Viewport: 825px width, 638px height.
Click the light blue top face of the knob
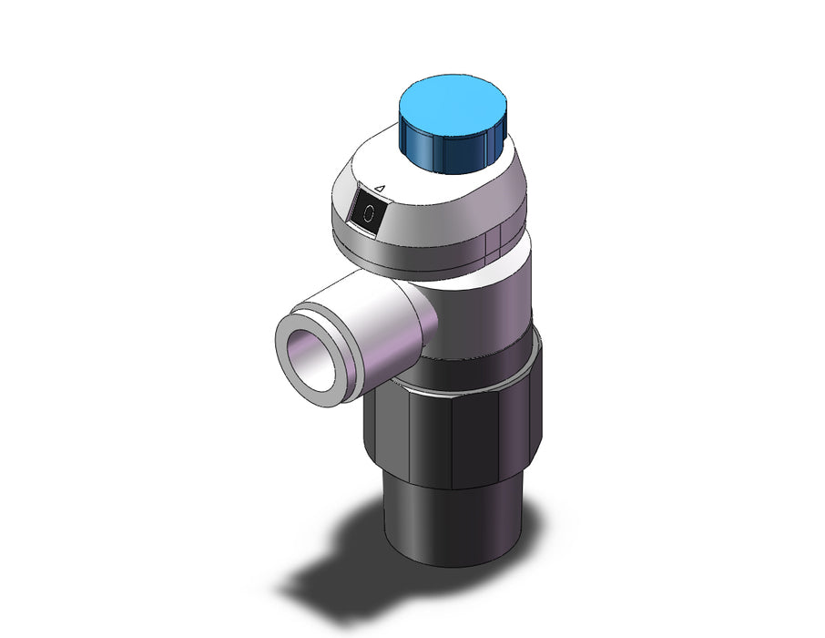[453, 107]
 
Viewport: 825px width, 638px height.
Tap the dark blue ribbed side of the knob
[452, 150]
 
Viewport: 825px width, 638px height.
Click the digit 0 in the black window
[370, 212]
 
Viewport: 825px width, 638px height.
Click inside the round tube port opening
[311, 360]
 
